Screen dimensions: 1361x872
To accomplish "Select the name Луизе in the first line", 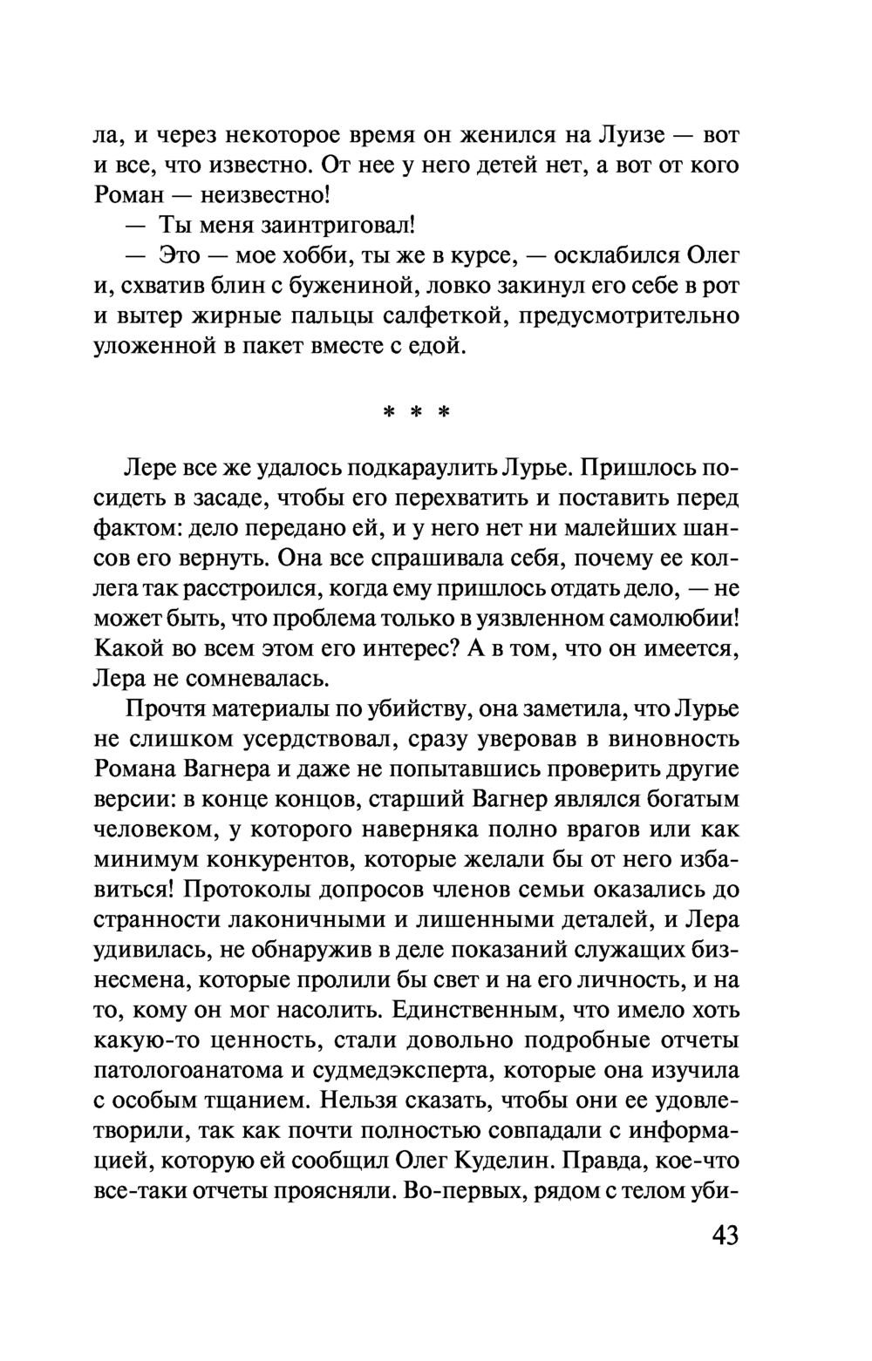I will click(x=634, y=135).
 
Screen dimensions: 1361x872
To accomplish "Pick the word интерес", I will click(x=402, y=648).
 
